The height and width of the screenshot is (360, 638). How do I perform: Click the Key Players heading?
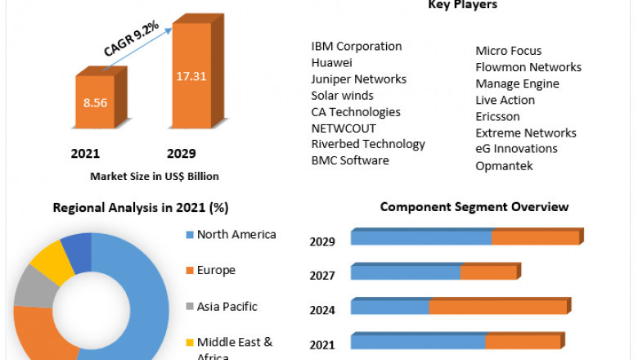(x=462, y=6)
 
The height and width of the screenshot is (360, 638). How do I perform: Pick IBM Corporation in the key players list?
(x=357, y=47)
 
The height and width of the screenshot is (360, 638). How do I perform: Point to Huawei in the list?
(x=332, y=62)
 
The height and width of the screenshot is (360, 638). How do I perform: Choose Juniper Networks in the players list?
(x=358, y=79)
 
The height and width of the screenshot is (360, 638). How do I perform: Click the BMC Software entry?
(x=350, y=160)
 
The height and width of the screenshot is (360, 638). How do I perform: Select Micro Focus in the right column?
(x=509, y=51)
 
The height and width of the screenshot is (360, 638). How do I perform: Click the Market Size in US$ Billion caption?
(x=155, y=176)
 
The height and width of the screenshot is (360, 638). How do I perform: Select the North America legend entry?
(x=236, y=235)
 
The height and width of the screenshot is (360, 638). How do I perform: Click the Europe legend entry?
(x=216, y=270)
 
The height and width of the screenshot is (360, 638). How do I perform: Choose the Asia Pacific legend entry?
(x=227, y=307)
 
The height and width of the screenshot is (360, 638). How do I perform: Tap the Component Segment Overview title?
(x=474, y=207)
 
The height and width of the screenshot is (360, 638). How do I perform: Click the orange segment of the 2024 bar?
(x=498, y=307)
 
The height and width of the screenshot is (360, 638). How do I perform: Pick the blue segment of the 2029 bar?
(x=421, y=237)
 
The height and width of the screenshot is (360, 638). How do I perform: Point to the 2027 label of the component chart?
(x=322, y=276)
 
